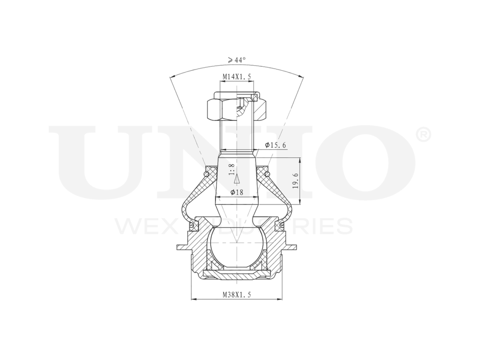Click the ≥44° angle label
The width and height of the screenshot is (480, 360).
(237, 60)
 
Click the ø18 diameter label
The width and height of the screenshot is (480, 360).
(237, 192)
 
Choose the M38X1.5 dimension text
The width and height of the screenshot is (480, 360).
(237, 295)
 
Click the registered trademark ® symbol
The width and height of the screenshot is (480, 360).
(423, 135)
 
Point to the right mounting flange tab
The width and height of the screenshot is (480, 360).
(292, 247)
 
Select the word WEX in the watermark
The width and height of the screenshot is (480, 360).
(139, 226)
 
